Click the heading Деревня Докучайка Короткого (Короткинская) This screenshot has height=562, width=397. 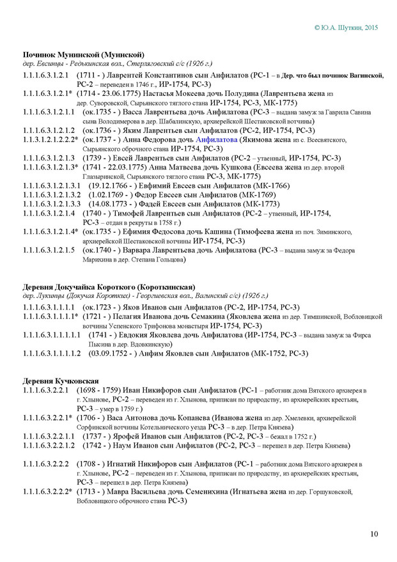(109, 286)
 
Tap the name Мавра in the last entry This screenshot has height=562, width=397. (125, 492)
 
